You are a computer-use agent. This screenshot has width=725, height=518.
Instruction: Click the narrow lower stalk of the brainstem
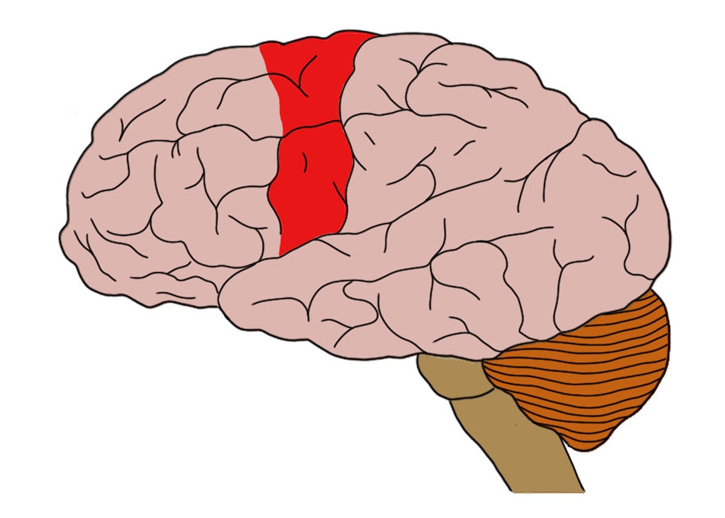(520, 447)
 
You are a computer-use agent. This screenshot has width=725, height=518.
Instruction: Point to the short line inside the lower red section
(305, 160)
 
